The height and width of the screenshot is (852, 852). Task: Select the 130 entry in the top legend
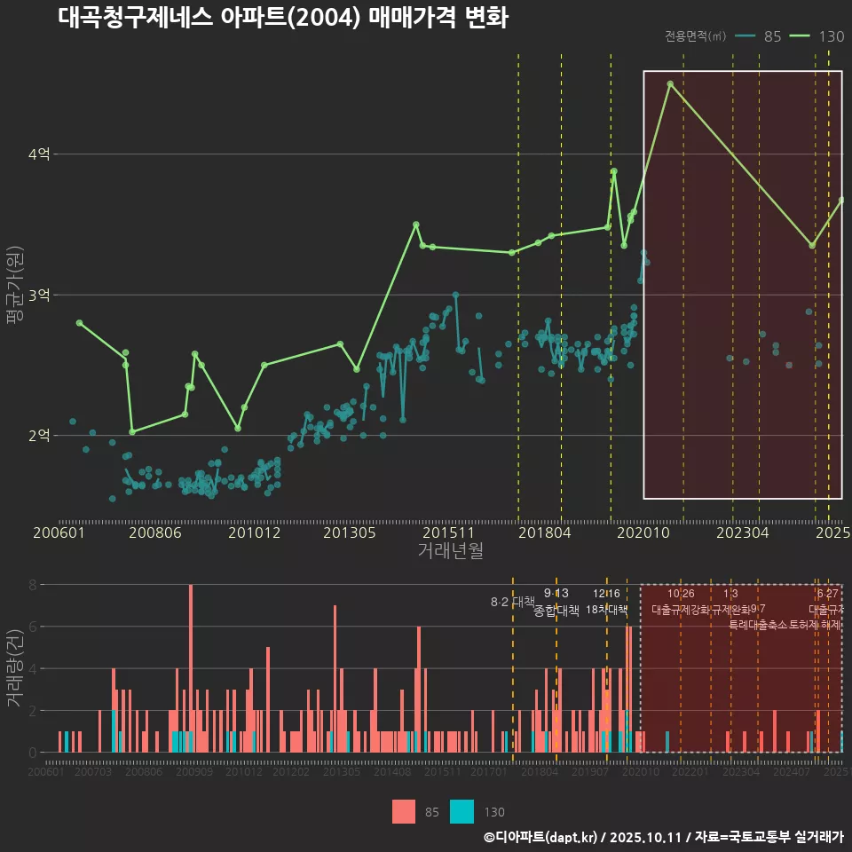click(x=831, y=36)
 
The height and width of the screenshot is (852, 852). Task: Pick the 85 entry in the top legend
click(x=772, y=36)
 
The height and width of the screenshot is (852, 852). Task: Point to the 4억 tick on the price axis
click(x=39, y=154)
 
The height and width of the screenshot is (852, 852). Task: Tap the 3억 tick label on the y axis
click(x=39, y=295)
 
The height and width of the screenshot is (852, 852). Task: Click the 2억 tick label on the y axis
click(x=39, y=435)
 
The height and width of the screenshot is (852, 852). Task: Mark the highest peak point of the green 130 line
click(x=670, y=84)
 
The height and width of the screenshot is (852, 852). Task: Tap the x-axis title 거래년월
click(x=450, y=551)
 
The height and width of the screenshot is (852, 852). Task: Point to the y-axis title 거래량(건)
click(x=13, y=668)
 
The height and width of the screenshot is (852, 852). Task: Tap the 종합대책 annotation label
click(x=556, y=611)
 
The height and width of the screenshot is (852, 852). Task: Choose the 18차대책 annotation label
click(x=606, y=610)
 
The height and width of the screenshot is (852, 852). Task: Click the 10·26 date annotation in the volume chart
click(x=681, y=594)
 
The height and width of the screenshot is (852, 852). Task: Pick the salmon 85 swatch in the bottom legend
click(x=404, y=811)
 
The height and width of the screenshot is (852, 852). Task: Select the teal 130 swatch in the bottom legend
click(x=461, y=811)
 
